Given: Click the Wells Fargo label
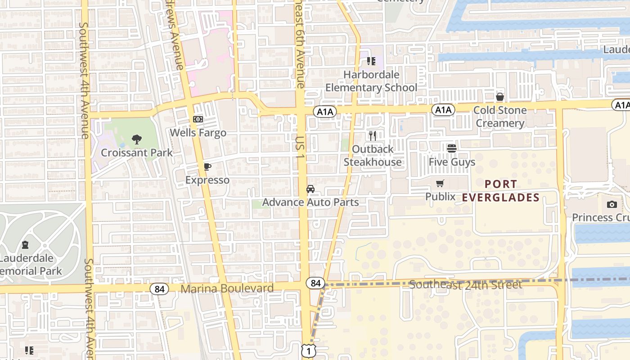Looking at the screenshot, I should (198, 133).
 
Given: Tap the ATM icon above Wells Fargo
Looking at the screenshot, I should (198, 119).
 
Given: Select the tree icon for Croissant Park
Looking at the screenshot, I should (137, 139).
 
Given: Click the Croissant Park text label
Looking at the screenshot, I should (137, 153).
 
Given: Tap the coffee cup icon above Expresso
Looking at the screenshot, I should (207, 167).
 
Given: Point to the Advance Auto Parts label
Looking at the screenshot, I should (310, 202).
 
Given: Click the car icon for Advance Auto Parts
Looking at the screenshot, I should (310, 189).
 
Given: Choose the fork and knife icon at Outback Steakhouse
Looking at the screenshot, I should (373, 135).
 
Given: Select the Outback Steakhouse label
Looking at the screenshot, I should (373, 155).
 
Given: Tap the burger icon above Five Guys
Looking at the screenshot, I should (452, 148).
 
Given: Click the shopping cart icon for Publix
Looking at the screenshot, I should (440, 183).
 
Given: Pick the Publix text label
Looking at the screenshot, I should (441, 197).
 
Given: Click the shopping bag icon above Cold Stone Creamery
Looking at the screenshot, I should (499, 97).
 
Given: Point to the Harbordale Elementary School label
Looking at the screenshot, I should (371, 81).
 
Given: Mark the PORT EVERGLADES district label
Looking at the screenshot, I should (501, 191).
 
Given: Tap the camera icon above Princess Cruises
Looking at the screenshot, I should (612, 204).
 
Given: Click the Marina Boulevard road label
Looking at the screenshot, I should (227, 288).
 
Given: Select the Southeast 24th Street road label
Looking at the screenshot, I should (466, 284).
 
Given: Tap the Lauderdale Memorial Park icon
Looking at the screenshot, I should (25, 245).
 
